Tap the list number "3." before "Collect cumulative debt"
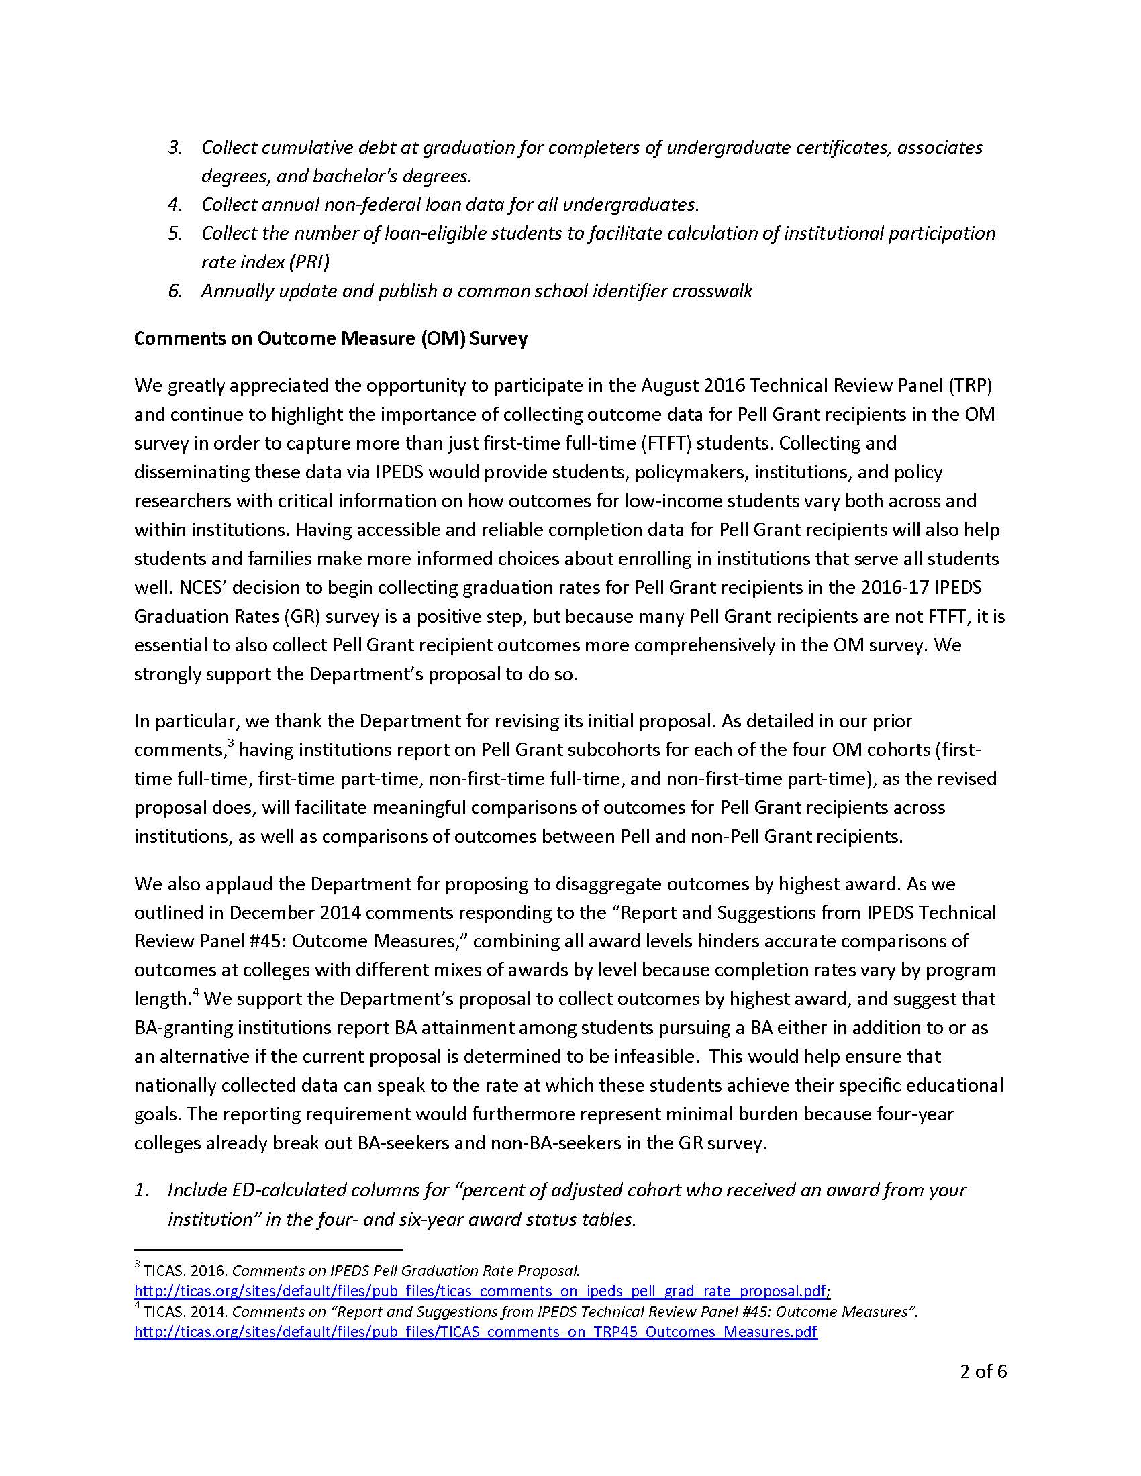[x=175, y=148]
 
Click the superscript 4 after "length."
[x=196, y=992]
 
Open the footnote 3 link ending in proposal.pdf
[x=481, y=1291]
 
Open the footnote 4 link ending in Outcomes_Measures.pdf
[x=476, y=1332]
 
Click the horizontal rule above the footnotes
[x=268, y=1250]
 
